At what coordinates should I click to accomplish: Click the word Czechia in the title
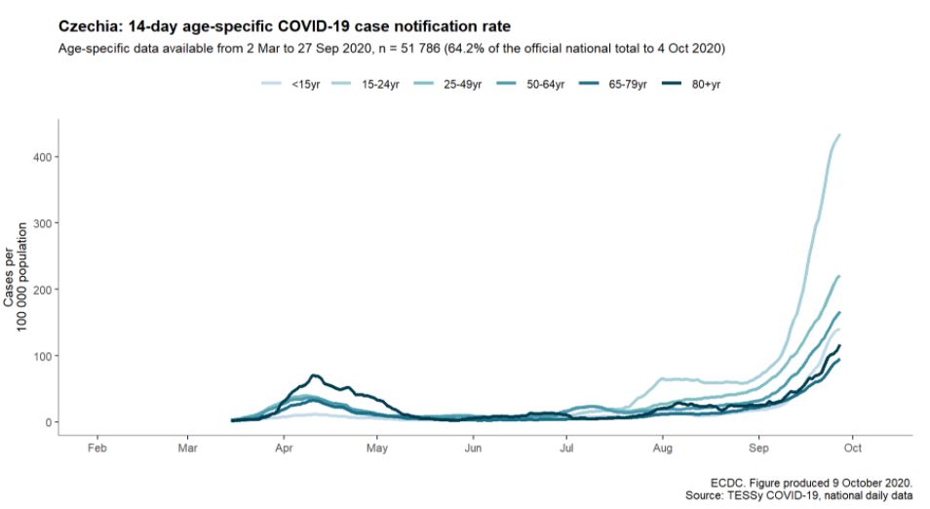[88, 25]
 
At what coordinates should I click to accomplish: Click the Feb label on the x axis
[97, 450]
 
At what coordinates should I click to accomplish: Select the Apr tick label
[284, 450]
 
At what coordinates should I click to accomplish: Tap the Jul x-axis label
[565, 450]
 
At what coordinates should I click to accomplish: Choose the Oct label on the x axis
[851, 450]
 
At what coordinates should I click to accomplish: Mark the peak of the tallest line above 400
[839, 136]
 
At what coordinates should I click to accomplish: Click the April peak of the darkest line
[314, 375]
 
